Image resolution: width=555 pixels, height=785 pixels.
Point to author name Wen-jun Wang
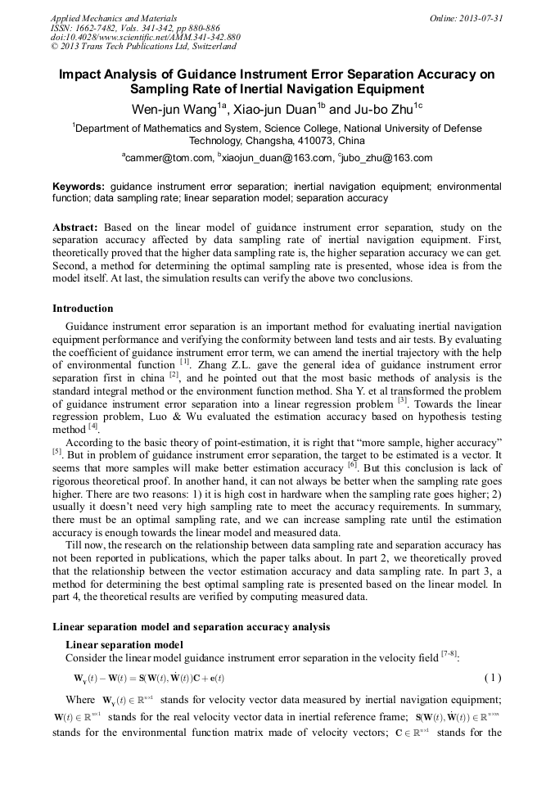click(174, 110)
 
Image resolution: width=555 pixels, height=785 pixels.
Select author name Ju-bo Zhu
click(384, 110)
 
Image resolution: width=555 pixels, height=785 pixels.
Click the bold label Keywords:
click(79, 187)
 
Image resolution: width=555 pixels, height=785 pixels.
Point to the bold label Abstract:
click(75, 227)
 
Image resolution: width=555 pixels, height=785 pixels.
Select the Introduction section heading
click(83, 309)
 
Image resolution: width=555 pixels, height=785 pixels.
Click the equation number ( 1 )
click(493, 678)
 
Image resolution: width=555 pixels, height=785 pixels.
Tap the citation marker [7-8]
click(450, 654)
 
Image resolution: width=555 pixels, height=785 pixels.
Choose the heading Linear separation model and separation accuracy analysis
click(191, 627)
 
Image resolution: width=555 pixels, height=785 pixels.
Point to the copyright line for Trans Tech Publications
click(143, 47)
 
